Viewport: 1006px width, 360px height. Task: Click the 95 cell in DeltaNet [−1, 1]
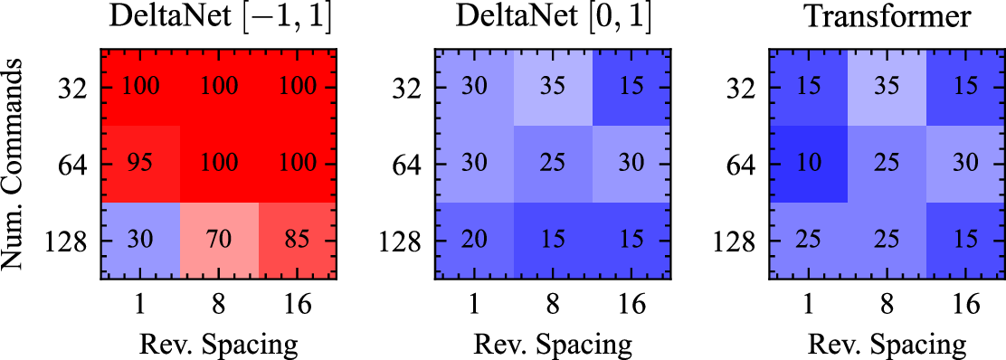(140, 164)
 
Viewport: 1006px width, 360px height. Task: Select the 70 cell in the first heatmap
(220, 241)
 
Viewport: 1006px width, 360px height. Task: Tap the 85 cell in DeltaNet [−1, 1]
(297, 241)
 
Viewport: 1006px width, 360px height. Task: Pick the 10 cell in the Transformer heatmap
(810, 164)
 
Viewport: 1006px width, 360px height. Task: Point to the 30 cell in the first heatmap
(140, 241)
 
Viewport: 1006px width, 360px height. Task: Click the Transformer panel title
(887, 19)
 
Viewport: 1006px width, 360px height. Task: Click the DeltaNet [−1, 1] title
(219, 19)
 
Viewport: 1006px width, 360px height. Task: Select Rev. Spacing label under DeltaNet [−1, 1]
(219, 345)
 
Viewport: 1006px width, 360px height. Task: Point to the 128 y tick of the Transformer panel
(736, 242)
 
